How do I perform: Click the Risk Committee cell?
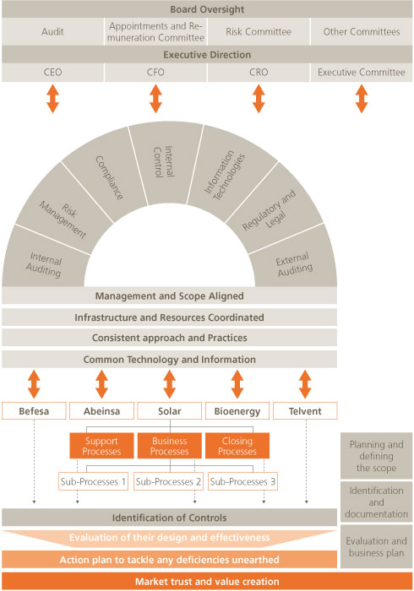pyautogui.click(x=259, y=32)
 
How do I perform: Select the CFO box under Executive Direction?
pyautogui.click(x=155, y=72)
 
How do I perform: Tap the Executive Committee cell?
pyautogui.click(x=362, y=72)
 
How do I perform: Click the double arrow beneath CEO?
pyautogui.click(x=52, y=99)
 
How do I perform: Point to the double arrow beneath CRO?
pyautogui.click(x=259, y=99)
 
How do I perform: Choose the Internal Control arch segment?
pyautogui.click(x=165, y=164)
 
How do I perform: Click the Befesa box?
pyautogui.click(x=34, y=411)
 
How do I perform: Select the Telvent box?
pyautogui.click(x=305, y=411)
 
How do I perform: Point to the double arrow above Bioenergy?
pyautogui.click(x=237, y=384)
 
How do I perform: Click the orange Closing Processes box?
pyautogui.click(x=237, y=446)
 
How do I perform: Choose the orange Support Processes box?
pyautogui.click(x=101, y=446)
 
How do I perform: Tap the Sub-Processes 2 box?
pyautogui.click(x=168, y=481)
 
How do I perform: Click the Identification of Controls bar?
pyautogui.click(x=169, y=518)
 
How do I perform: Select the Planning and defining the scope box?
pyautogui.click(x=376, y=456)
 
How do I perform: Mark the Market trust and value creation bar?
pyautogui.click(x=207, y=581)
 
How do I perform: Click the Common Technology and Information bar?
pyautogui.click(x=169, y=359)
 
